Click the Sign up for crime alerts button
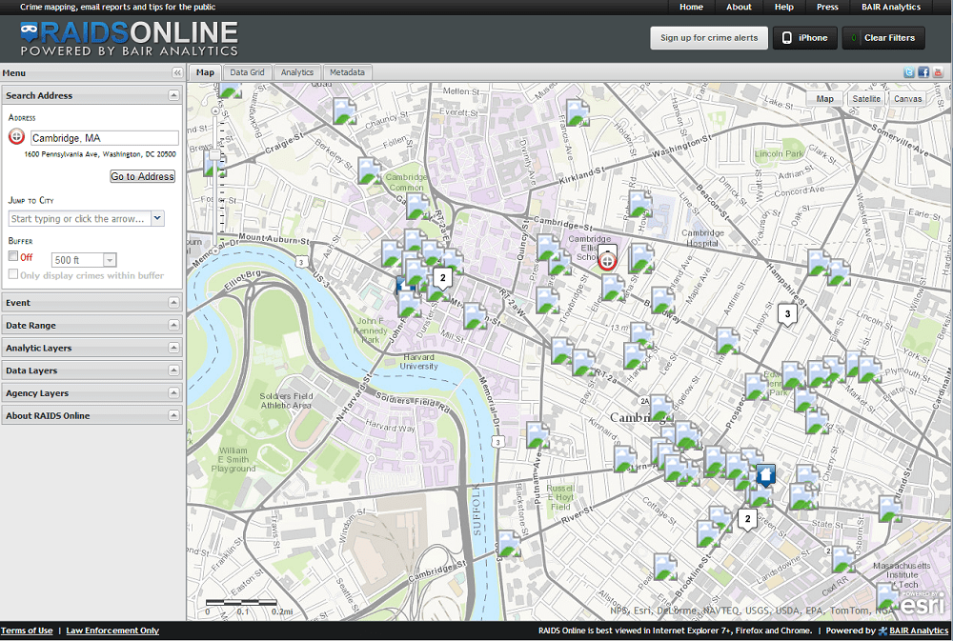click(709, 38)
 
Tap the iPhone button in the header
click(804, 38)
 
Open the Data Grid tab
click(248, 72)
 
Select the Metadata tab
click(347, 72)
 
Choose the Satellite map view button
click(866, 98)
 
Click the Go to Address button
click(143, 176)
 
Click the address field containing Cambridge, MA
click(104, 138)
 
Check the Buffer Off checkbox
click(13, 256)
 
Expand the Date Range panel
click(91, 326)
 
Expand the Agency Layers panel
click(91, 393)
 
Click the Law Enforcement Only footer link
click(112, 631)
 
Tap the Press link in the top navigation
click(827, 7)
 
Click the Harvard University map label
click(418, 362)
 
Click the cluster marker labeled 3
click(786, 313)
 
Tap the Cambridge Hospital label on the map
click(703, 238)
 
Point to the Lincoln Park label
click(779, 152)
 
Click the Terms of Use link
click(27, 631)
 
